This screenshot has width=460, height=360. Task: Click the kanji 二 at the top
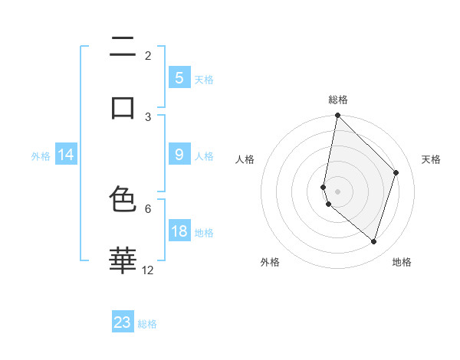tap(123, 49)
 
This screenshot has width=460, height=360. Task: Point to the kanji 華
tap(123, 260)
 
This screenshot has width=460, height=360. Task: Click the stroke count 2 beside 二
tap(148, 55)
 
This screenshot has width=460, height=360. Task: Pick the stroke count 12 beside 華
tap(148, 270)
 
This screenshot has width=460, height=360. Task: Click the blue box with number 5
tap(179, 77)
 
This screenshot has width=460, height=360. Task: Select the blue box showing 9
tap(179, 155)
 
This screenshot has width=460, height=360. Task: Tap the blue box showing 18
tap(179, 231)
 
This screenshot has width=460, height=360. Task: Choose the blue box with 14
tap(66, 155)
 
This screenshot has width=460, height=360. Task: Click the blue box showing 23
tap(123, 322)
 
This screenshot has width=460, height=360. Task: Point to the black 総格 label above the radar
tap(338, 100)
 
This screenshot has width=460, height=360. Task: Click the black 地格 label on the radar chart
tap(402, 262)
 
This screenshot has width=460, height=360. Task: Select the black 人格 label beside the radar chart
tap(245, 159)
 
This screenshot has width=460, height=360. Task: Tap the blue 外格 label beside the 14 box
tap(41, 155)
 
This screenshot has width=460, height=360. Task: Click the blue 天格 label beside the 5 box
tap(204, 79)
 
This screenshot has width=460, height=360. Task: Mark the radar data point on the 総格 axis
tap(337, 115)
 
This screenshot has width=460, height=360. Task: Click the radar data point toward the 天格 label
tap(396, 172)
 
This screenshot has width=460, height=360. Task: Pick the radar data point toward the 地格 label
tap(373, 242)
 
